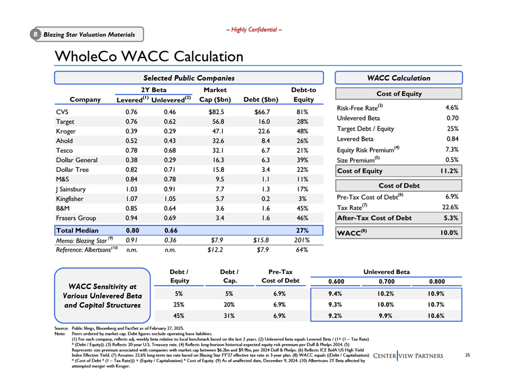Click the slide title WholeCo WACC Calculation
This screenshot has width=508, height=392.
149,56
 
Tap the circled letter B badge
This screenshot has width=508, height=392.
36,34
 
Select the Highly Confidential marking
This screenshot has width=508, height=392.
254,30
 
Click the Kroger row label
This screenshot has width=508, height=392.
66,131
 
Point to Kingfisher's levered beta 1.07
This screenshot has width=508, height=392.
131,198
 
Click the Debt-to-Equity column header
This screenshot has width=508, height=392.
304,95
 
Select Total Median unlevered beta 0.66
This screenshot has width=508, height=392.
171,230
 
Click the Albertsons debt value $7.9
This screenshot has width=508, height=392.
263,250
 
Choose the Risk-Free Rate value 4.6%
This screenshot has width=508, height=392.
452,108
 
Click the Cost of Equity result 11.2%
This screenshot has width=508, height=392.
449,171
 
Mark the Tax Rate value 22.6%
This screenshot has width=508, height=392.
450,207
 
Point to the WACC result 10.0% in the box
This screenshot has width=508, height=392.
449,233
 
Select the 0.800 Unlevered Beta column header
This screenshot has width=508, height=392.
437,282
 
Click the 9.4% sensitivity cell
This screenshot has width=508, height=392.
335,294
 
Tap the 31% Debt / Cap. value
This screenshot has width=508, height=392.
229,316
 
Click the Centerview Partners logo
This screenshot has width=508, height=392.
408,356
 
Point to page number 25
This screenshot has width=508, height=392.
468,355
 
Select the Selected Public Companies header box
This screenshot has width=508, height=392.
189,78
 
